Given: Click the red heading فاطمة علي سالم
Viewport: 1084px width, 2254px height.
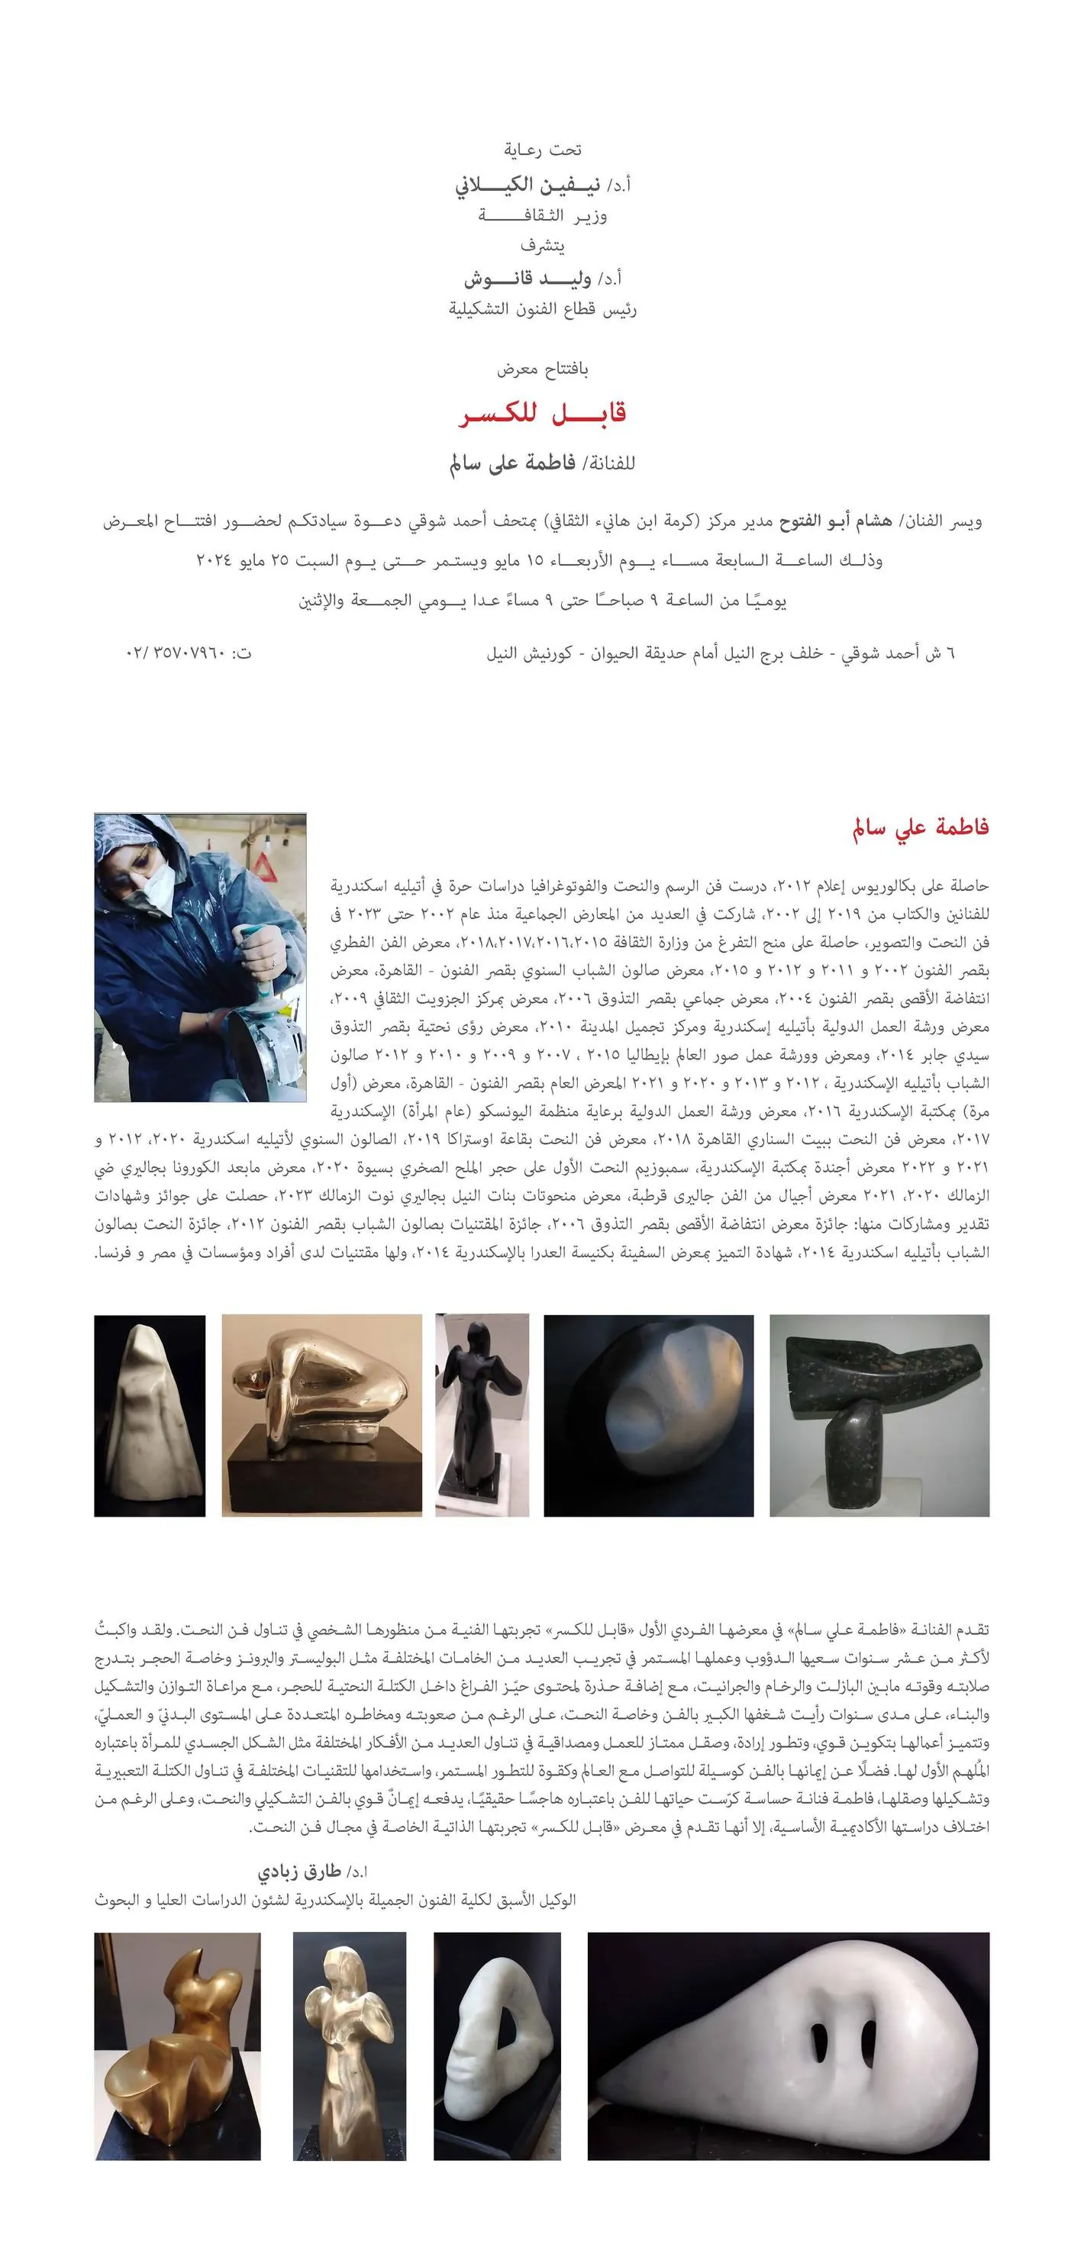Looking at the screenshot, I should tap(921, 827).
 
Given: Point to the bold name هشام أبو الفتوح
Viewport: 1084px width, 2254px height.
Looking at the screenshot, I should tap(836, 521).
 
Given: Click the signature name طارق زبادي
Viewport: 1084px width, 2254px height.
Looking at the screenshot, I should tap(299, 1872).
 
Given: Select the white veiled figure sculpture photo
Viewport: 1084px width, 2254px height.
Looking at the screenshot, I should tap(150, 1415).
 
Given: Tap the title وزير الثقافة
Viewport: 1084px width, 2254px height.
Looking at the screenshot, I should tap(543, 216).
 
